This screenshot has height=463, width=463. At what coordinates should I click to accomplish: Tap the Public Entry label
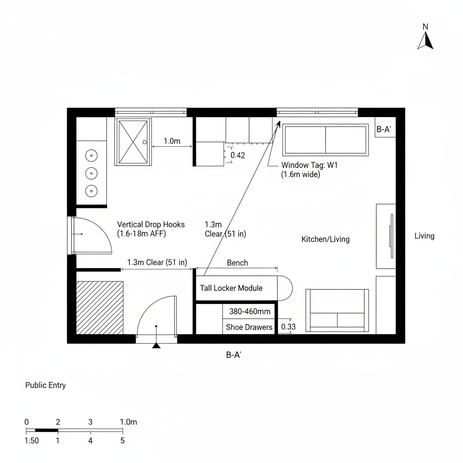pyautogui.click(x=45, y=385)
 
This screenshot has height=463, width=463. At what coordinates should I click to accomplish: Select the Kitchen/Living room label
pyautogui.click(x=325, y=239)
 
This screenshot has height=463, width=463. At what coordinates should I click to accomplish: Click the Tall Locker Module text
pyautogui.click(x=231, y=288)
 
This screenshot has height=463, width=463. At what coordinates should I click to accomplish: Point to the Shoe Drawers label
pyautogui.click(x=249, y=327)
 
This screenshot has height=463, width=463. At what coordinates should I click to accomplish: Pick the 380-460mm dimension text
pyautogui.click(x=250, y=312)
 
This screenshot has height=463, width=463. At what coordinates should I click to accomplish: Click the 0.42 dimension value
pyautogui.click(x=238, y=156)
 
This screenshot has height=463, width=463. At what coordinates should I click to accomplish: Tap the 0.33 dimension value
pyautogui.click(x=288, y=326)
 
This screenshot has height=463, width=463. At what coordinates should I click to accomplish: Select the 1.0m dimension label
pyautogui.click(x=172, y=141)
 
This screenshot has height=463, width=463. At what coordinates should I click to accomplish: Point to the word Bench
pyautogui.click(x=237, y=263)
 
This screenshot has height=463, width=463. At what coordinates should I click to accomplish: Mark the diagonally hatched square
pyautogui.click(x=99, y=307)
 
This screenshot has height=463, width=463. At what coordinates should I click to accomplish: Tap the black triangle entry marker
pyautogui.click(x=156, y=346)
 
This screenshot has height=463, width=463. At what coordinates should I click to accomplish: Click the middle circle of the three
pyautogui.click(x=91, y=173)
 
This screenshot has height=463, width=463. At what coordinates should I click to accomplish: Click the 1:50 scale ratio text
pyautogui.click(x=31, y=441)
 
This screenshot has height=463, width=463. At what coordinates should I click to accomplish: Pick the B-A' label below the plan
pyautogui.click(x=234, y=355)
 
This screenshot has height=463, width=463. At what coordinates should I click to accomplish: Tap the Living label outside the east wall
pyautogui.click(x=424, y=236)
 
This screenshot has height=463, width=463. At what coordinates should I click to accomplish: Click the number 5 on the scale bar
pyautogui.click(x=122, y=440)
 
